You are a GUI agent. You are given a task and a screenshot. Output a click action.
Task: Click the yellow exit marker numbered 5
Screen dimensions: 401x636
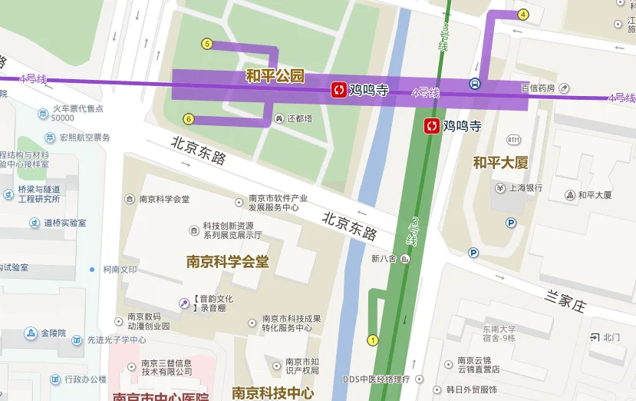(206, 44)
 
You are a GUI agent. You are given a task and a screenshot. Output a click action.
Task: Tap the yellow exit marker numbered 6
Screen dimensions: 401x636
(189, 118)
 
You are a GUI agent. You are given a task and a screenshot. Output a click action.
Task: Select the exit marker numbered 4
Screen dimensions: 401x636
(523, 15)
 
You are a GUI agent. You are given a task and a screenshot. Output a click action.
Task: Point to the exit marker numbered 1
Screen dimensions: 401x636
(374, 340)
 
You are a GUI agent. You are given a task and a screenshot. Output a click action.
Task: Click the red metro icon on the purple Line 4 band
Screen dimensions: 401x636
(338, 90)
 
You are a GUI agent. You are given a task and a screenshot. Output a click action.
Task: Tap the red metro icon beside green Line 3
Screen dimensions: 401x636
(432, 125)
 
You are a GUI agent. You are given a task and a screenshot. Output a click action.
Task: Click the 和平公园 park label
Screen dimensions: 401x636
(275, 76)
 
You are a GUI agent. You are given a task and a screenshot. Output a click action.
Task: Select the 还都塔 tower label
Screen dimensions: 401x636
(300, 119)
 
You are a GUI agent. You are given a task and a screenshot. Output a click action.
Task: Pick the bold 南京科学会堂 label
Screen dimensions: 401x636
(228, 262)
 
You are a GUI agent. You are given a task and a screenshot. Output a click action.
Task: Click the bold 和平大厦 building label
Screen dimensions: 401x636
(500, 163)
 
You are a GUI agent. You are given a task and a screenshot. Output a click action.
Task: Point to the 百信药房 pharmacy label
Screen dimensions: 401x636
(538, 88)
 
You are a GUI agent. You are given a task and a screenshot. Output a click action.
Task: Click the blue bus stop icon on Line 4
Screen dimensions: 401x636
(475, 84)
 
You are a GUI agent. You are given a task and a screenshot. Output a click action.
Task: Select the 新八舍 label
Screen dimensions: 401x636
(383, 259)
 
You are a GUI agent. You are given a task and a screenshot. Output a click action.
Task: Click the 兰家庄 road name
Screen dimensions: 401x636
(565, 300)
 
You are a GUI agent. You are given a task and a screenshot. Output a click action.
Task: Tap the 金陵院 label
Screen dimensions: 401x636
(54, 333)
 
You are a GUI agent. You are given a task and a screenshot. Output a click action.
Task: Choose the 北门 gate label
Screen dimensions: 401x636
(611, 337)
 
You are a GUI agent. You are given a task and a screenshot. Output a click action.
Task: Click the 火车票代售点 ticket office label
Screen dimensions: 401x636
(77, 109)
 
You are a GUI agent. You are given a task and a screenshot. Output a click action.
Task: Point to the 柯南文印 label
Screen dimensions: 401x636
(120, 270)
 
